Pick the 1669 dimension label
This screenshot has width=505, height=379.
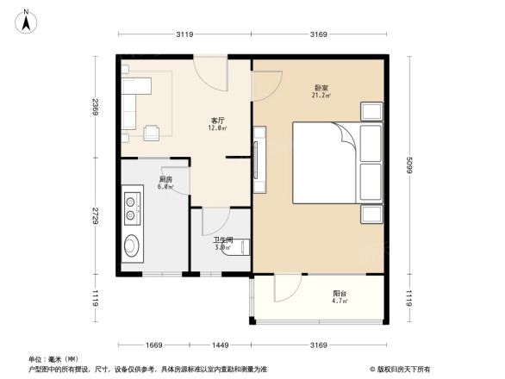153,345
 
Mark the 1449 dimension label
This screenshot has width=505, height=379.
221,345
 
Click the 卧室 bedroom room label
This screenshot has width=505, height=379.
321,88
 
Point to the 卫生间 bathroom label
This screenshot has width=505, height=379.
223,240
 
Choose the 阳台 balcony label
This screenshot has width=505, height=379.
340,295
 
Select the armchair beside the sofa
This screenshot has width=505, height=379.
153,132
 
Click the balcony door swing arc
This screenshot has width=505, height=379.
289,288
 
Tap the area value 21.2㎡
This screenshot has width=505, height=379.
321,96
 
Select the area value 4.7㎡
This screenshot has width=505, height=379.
340,302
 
